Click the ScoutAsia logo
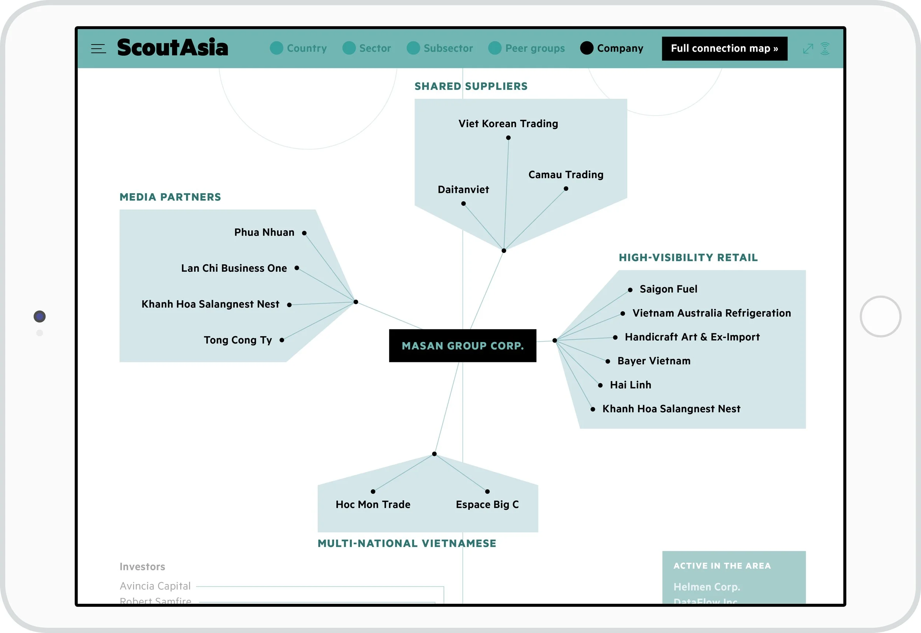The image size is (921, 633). (x=172, y=48)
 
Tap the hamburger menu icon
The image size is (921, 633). (x=98, y=49)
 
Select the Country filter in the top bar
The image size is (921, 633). (x=298, y=48)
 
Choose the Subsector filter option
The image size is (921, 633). (x=440, y=48)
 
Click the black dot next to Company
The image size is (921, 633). (x=586, y=48)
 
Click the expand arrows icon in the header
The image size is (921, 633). (x=808, y=49)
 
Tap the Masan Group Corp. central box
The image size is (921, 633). (x=462, y=346)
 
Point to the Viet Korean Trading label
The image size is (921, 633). (x=508, y=124)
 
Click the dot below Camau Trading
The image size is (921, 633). (x=566, y=189)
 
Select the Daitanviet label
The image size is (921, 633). (x=463, y=189)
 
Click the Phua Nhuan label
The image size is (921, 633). (x=265, y=232)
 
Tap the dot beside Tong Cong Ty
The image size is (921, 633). (x=282, y=340)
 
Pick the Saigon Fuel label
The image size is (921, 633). (x=669, y=289)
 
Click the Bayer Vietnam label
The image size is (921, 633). (x=654, y=361)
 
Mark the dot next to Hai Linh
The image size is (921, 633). (x=600, y=385)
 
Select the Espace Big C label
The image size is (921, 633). (x=487, y=504)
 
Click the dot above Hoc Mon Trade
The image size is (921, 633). (x=373, y=491)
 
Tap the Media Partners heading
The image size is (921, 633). (x=171, y=197)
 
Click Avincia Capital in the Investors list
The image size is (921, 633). (x=155, y=586)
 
